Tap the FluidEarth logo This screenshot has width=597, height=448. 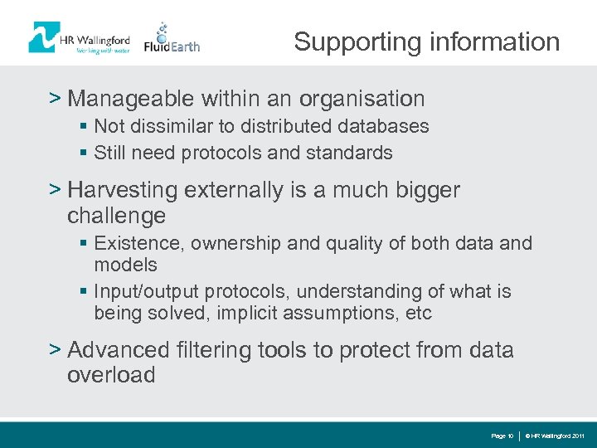pos(172,39)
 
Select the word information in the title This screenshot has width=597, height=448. pos(496,41)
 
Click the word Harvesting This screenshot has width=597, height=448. pos(123,190)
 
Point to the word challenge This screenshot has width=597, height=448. pos(116,217)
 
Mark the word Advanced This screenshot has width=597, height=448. pos(119,350)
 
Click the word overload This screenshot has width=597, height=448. pos(111,375)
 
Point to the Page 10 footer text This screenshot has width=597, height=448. pos(502,436)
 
